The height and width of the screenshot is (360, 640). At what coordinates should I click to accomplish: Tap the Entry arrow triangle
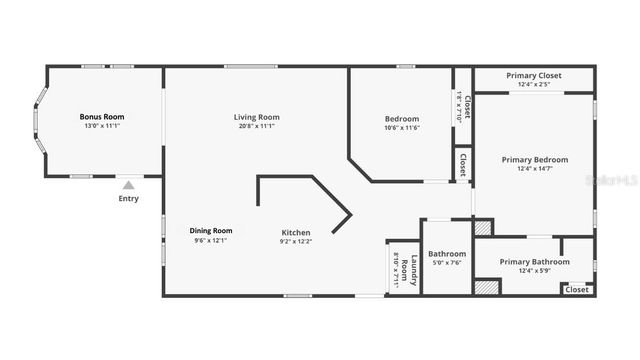point(128,184)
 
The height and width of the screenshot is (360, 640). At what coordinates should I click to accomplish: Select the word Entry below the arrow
point(128,198)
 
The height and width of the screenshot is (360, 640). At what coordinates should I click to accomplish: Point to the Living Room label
point(257,117)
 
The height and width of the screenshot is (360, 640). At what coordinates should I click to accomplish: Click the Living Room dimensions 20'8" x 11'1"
point(257,127)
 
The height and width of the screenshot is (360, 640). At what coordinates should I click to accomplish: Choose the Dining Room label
point(211,231)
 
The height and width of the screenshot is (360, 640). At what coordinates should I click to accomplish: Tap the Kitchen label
point(295,232)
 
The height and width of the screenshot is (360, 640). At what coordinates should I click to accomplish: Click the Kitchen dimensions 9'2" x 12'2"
point(295,241)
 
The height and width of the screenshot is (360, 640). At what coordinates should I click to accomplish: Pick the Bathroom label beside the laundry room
point(447,254)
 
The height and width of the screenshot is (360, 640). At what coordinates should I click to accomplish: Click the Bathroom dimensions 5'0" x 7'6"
point(447,264)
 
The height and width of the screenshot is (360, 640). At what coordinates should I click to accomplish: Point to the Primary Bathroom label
point(537,262)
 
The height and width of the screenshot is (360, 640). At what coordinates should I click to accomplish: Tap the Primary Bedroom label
point(535,160)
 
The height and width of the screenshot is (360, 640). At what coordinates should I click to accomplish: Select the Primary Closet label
point(534,76)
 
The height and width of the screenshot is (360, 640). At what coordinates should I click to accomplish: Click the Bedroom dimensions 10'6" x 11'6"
point(402,128)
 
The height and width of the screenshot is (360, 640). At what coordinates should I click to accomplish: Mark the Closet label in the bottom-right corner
point(576,289)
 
